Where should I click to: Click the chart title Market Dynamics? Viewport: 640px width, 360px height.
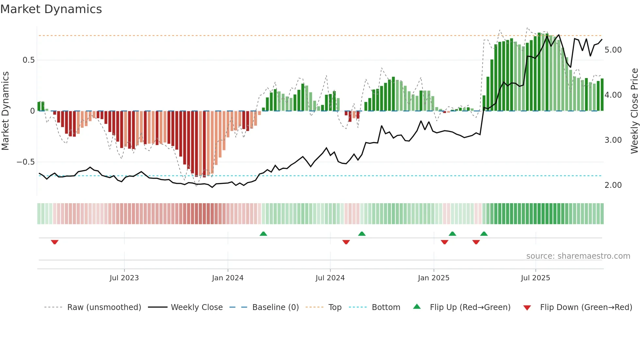pos(51,9)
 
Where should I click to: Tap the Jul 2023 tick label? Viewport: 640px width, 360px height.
pos(124,278)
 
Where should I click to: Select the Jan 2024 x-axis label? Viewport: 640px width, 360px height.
pos(228,278)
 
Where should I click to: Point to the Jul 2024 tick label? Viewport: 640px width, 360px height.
pos(330,278)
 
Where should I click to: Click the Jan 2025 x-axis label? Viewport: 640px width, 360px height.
pos(434,278)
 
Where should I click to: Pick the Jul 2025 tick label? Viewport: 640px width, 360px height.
pos(536,278)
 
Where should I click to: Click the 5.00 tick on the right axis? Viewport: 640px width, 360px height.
pos(613,50)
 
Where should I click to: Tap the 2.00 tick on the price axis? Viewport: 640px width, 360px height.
pos(613,185)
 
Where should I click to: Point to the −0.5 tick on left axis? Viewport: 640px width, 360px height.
pos(25,162)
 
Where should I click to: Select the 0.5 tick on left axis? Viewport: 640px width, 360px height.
pos(28,60)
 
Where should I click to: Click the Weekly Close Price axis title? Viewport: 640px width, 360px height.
pos(634,111)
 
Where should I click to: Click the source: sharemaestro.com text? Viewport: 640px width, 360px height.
pos(578,256)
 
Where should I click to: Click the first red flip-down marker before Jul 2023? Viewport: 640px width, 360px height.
pos(55,242)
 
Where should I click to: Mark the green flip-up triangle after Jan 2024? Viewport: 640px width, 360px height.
pos(263,234)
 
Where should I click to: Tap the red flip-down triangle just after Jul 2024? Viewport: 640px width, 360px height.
pos(346,242)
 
